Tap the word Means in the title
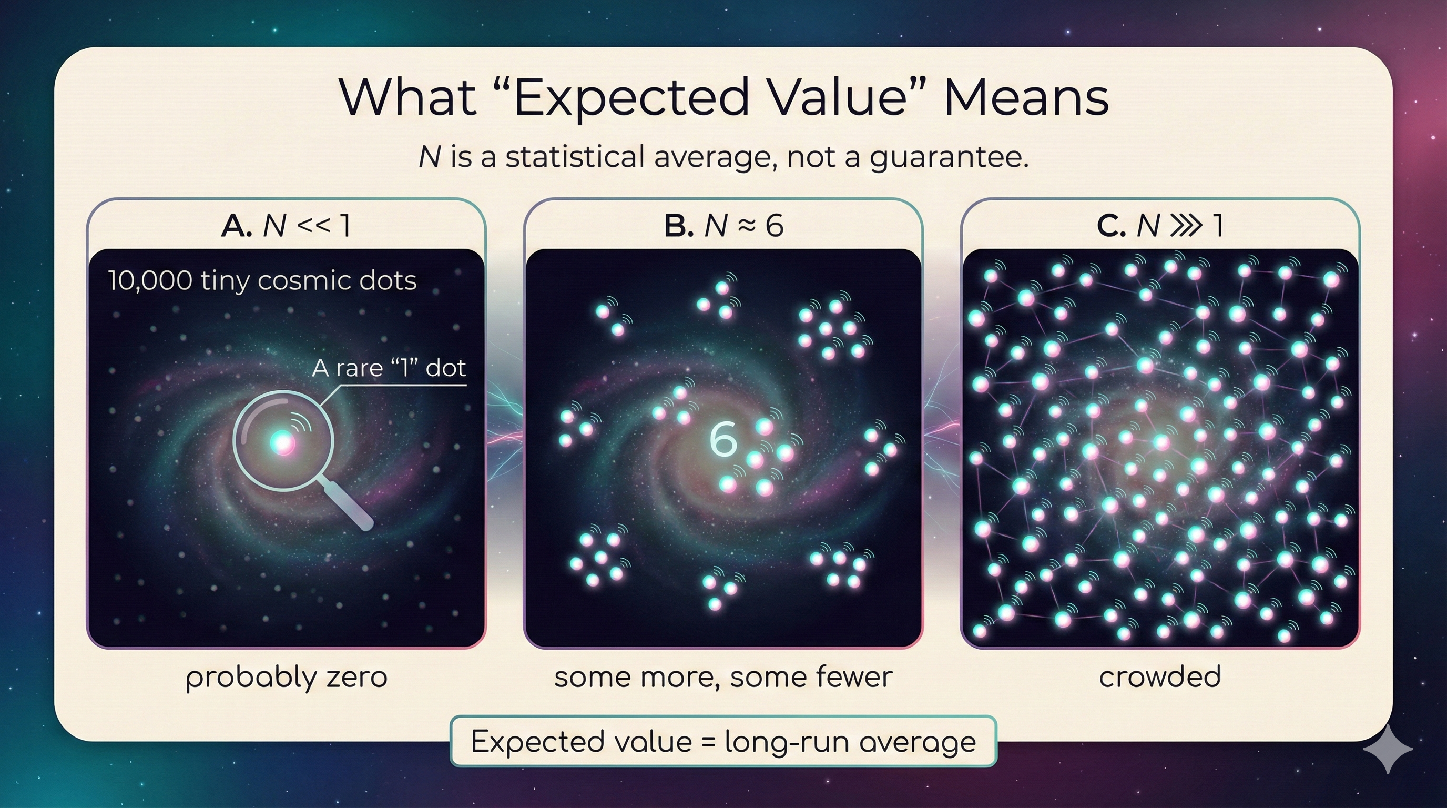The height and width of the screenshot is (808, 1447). tap(1026, 98)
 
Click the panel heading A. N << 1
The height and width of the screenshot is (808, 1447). tap(286, 226)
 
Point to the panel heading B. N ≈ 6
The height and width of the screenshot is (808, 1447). tap(723, 226)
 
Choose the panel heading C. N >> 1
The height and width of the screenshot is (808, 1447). tap(1159, 226)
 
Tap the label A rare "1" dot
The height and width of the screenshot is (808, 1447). tap(389, 368)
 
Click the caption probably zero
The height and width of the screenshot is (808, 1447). tap(286, 677)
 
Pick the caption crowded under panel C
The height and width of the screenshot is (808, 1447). tap(1159, 677)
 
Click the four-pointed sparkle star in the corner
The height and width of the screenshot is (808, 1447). tap(1388, 749)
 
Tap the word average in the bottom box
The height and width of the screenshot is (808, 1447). tap(918, 743)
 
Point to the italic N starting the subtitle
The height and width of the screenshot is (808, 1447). tap(429, 157)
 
